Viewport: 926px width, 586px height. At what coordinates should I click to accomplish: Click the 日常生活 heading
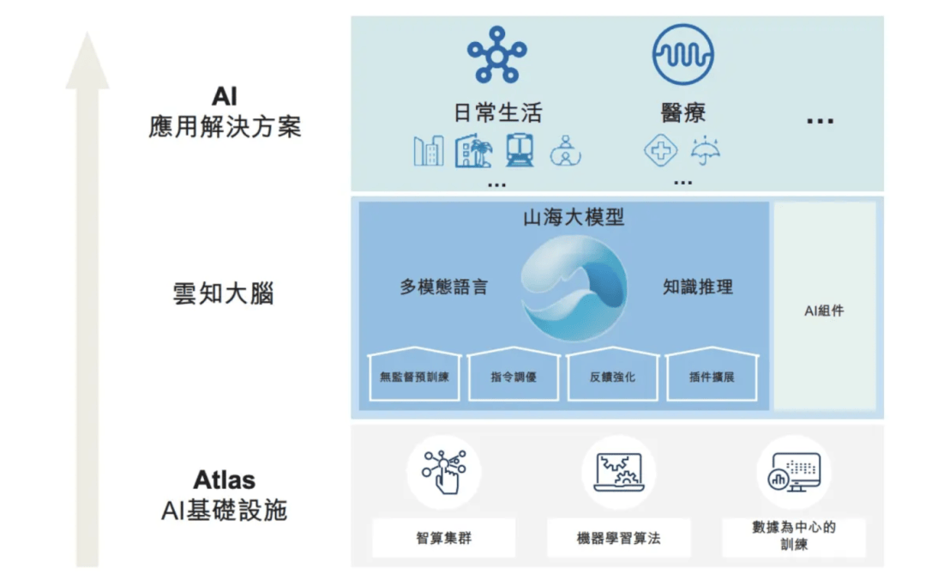tap(497, 112)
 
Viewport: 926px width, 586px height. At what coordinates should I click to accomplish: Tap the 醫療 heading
tap(682, 112)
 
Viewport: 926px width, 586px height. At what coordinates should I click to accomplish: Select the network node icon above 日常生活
tap(496, 55)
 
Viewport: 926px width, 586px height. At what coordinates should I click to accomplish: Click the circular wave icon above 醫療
tap(682, 54)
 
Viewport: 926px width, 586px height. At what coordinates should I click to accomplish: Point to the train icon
tap(520, 150)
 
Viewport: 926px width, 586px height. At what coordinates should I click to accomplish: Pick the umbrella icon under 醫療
tap(705, 151)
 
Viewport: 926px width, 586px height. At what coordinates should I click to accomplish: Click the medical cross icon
tap(660, 150)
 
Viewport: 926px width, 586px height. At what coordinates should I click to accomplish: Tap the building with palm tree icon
tap(473, 151)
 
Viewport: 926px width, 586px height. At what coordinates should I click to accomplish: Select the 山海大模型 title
tap(574, 217)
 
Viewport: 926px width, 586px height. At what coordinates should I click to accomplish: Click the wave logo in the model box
tap(574, 287)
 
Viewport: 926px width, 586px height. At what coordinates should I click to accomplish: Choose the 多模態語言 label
tap(444, 287)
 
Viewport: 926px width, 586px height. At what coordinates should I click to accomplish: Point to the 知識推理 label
tap(697, 287)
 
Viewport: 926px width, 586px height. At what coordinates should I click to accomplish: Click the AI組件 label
tap(824, 311)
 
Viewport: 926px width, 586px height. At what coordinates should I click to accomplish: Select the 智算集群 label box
tap(443, 538)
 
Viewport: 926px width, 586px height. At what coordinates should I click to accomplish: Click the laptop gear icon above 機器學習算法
tap(618, 472)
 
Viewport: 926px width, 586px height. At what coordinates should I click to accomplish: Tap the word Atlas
tap(225, 480)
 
